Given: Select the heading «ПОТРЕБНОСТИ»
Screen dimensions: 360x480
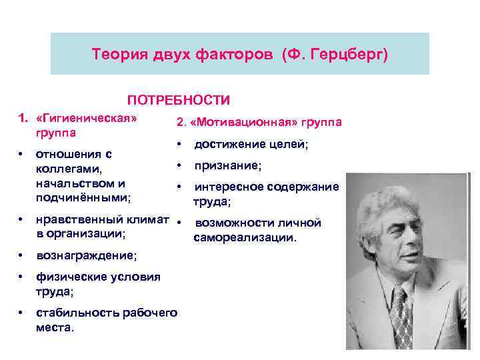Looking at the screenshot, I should (x=179, y=100).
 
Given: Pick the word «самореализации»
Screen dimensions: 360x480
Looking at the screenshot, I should (x=245, y=237).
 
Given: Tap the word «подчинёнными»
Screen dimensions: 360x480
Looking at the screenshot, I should (x=83, y=197).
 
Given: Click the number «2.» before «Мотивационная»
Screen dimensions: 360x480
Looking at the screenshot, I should (x=181, y=122).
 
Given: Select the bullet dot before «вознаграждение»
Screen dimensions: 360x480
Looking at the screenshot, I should (x=23, y=255).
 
